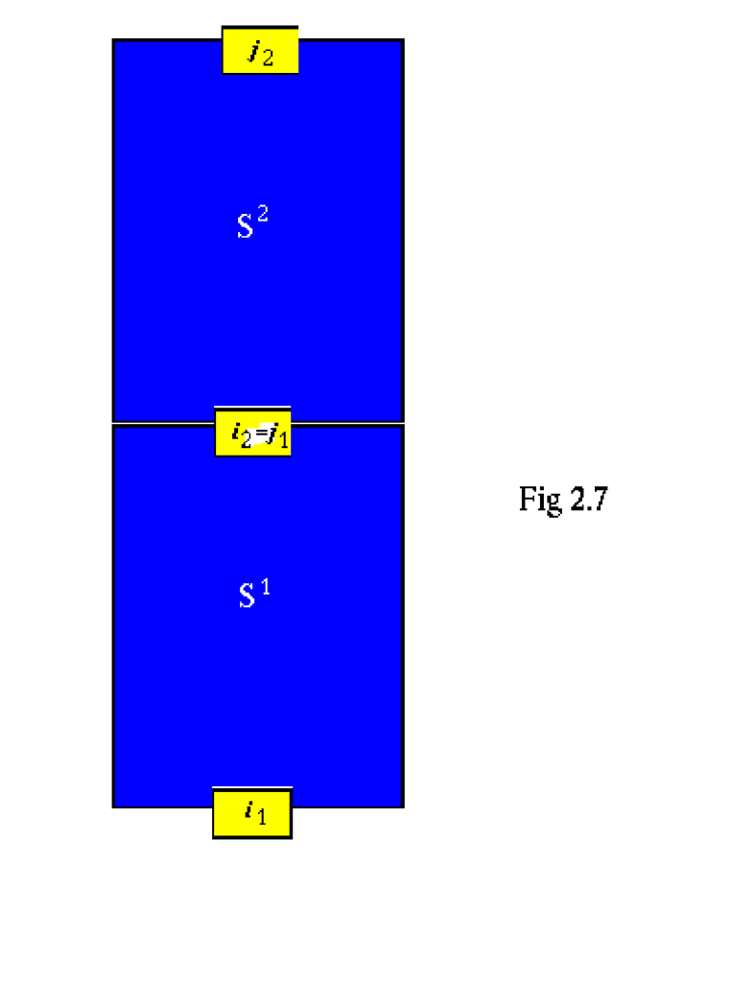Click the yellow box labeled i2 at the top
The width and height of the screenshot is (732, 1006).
260,51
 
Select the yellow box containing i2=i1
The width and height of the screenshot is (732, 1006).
252,432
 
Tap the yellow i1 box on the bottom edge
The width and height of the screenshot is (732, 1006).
252,813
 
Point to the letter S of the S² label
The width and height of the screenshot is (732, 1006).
245,226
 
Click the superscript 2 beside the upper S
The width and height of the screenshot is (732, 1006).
263,215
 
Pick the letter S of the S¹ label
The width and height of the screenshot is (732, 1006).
247,597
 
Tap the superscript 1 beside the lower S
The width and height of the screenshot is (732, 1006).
265,587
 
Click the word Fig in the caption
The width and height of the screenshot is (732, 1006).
540,500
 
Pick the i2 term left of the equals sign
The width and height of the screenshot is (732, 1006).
240,433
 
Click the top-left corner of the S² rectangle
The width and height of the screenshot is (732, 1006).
114,40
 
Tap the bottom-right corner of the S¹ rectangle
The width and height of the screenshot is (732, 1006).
402,806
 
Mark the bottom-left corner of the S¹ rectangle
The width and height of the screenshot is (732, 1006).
114,806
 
